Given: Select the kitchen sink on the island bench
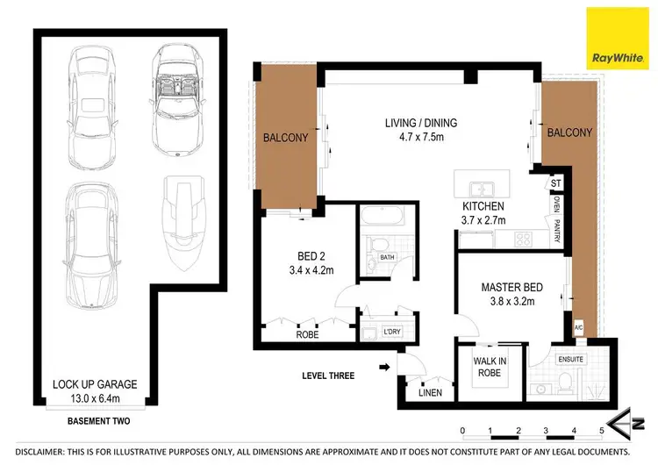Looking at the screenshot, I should point(482,187).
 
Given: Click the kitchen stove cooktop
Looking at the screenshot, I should point(525,238).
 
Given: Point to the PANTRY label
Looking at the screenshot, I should point(555,232).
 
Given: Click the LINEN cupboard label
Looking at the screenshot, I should point(429,391).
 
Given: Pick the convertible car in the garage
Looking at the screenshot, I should point(178,99).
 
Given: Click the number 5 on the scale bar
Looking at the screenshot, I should point(602,431).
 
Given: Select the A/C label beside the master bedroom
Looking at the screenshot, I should point(578,328).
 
